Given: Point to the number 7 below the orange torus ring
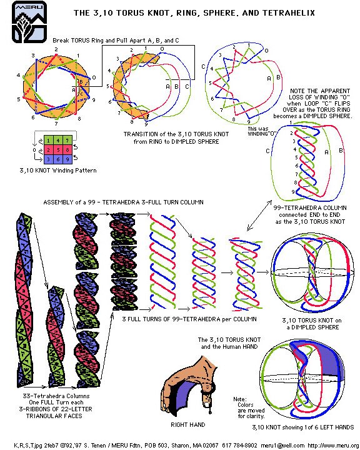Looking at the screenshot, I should coord(57,123).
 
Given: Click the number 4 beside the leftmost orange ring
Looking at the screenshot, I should coord(18,76).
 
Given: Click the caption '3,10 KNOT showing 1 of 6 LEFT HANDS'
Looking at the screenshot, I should coord(302,427).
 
